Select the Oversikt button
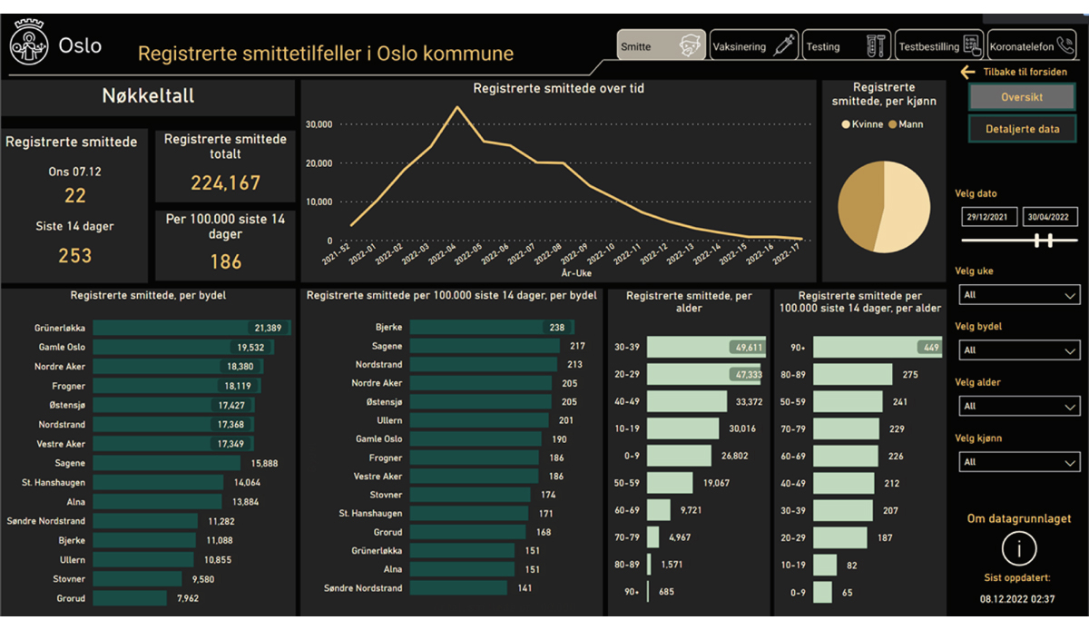click(1022, 97)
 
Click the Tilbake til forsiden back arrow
click(968, 73)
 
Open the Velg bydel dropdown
click(1019, 350)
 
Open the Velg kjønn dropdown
click(1019, 462)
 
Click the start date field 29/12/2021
click(989, 217)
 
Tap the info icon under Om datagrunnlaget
click(1019, 549)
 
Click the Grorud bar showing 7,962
click(130, 598)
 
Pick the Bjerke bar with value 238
click(491, 327)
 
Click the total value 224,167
click(225, 183)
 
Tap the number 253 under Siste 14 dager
click(74, 256)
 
